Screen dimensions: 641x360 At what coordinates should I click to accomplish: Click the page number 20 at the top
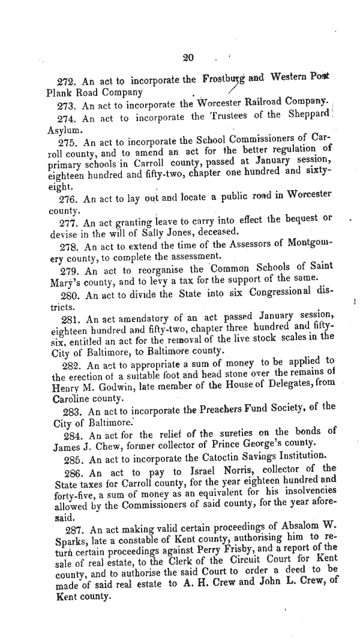point(188,58)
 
